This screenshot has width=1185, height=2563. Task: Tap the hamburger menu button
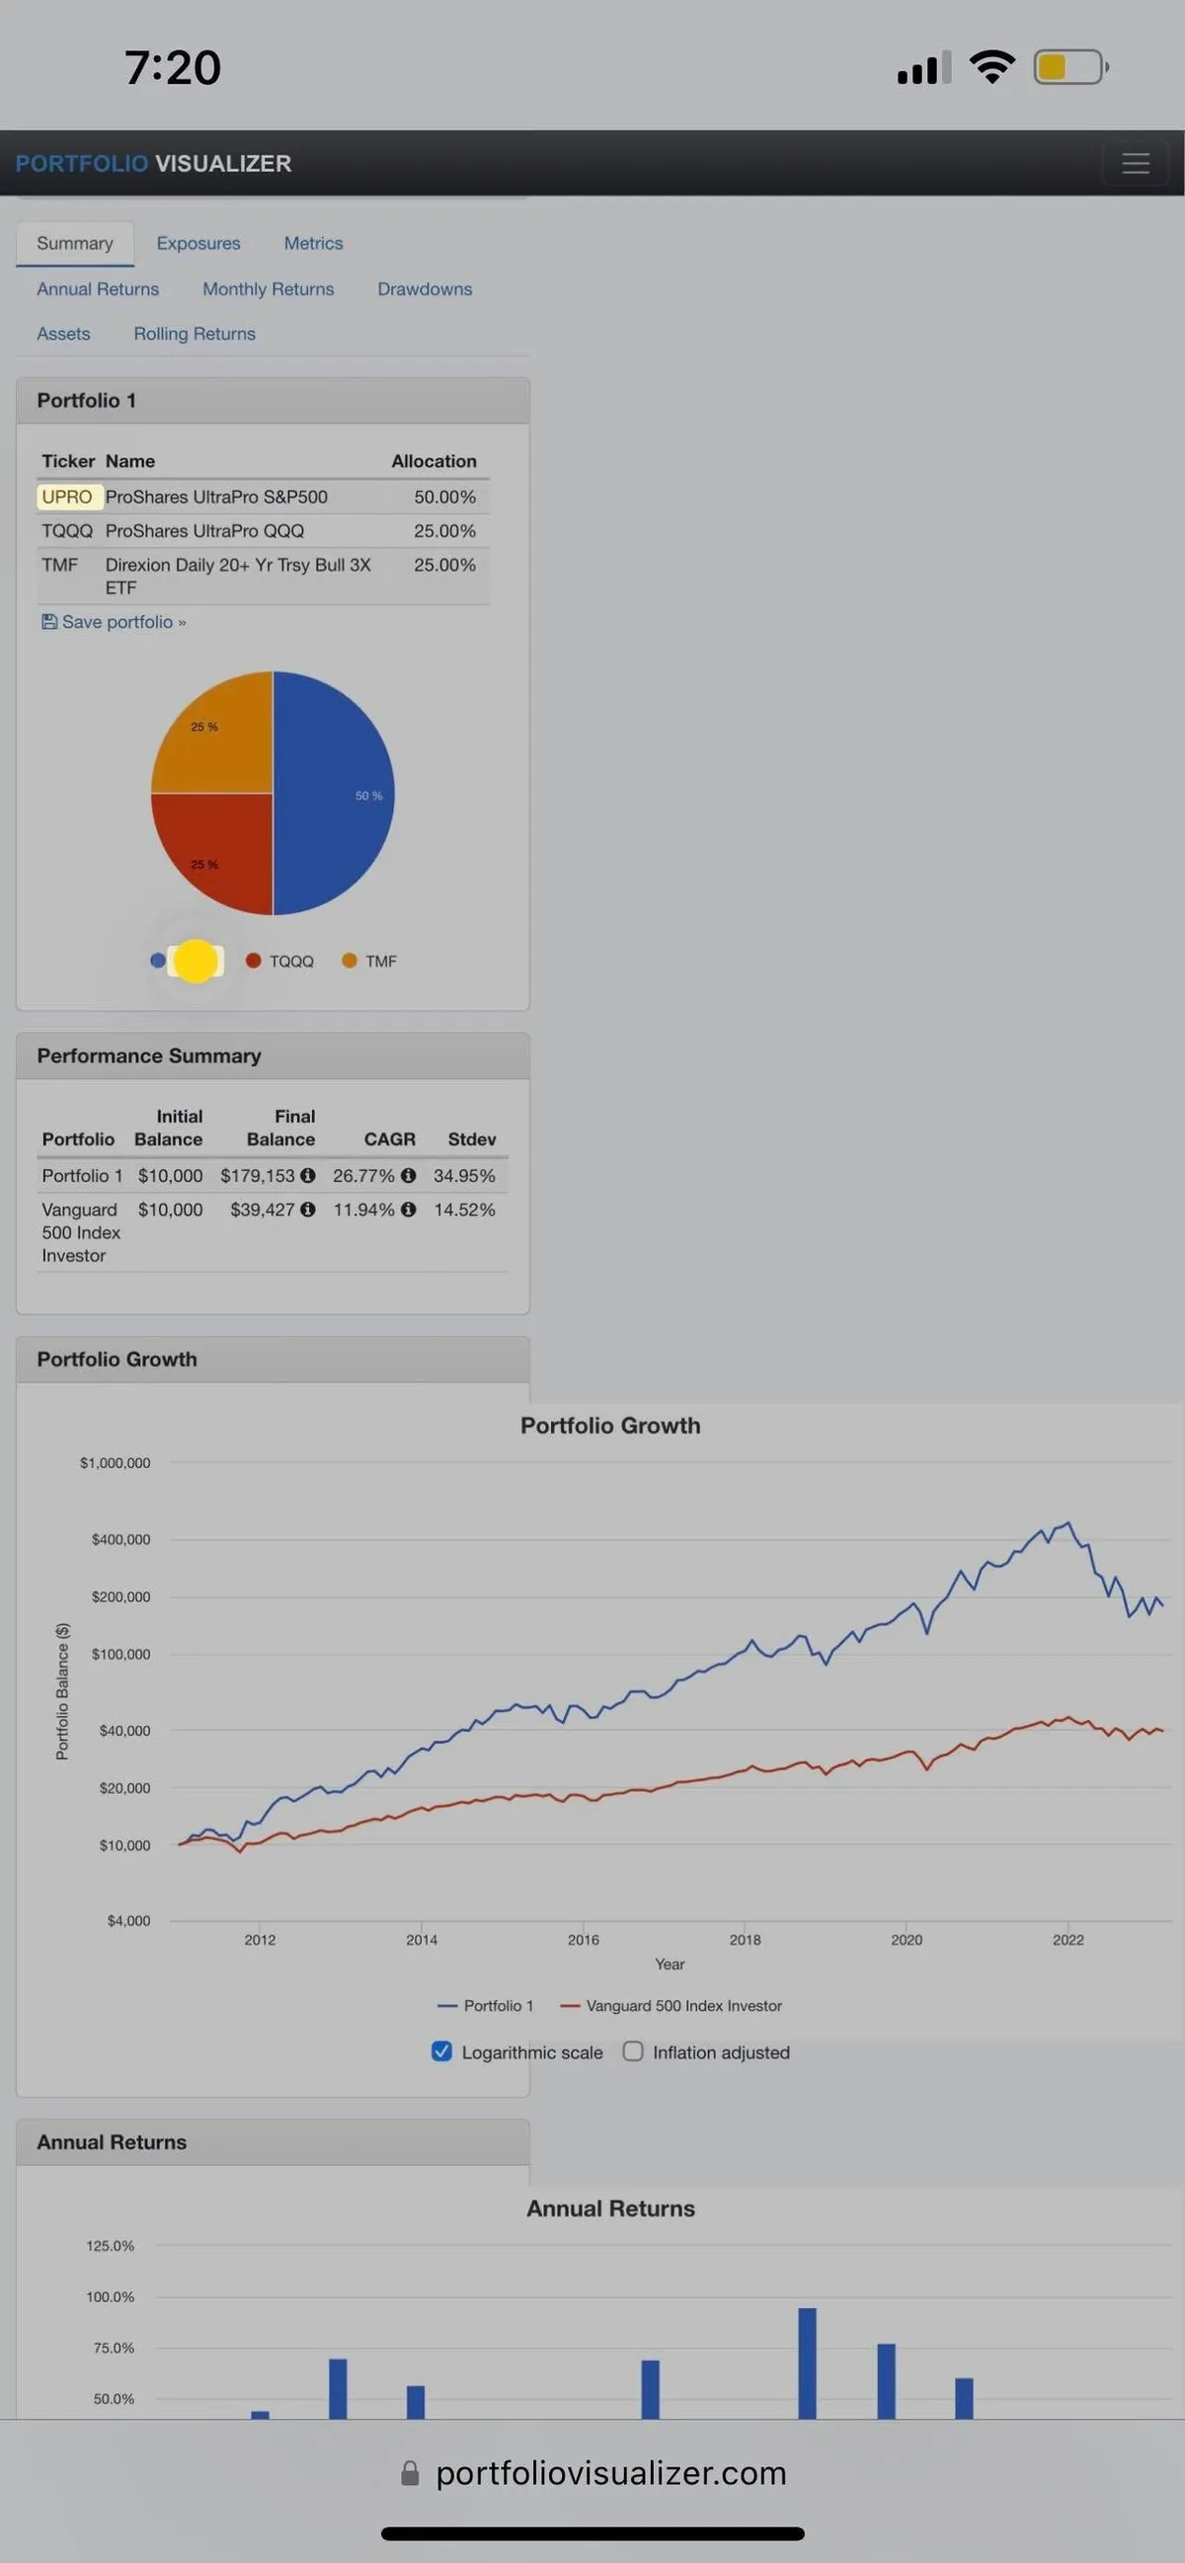click(x=1136, y=163)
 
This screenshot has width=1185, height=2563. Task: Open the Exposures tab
click(x=198, y=244)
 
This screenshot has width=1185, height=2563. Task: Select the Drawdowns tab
click(x=425, y=289)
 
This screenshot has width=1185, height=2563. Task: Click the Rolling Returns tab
click(x=195, y=335)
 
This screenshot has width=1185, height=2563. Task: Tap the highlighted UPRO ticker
click(x=68, y=497)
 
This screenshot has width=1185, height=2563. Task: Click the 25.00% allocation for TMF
click(x=444, y=565)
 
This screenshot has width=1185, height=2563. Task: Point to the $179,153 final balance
click(x=258, y=1176)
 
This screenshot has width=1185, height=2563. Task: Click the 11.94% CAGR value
click(x=363, y=1209)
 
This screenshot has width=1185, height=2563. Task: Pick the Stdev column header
click(x=472, y=1139)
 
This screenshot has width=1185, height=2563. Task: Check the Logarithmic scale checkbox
click(x=441, y=2052)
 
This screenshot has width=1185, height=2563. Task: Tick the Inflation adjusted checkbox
click(x=633, y=2052)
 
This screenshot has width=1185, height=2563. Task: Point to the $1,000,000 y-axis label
click(x=116, y=1462)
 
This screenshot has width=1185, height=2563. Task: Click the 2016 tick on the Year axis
click(x=583, y=1939)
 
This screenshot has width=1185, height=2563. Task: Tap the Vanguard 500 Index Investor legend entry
click(x=672, y=2006)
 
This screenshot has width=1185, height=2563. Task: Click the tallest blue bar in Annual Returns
click(x=807, y=2363)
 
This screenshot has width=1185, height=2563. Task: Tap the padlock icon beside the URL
click(x=410, y=2473)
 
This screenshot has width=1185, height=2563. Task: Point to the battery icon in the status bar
click(x=1069, y=68)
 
